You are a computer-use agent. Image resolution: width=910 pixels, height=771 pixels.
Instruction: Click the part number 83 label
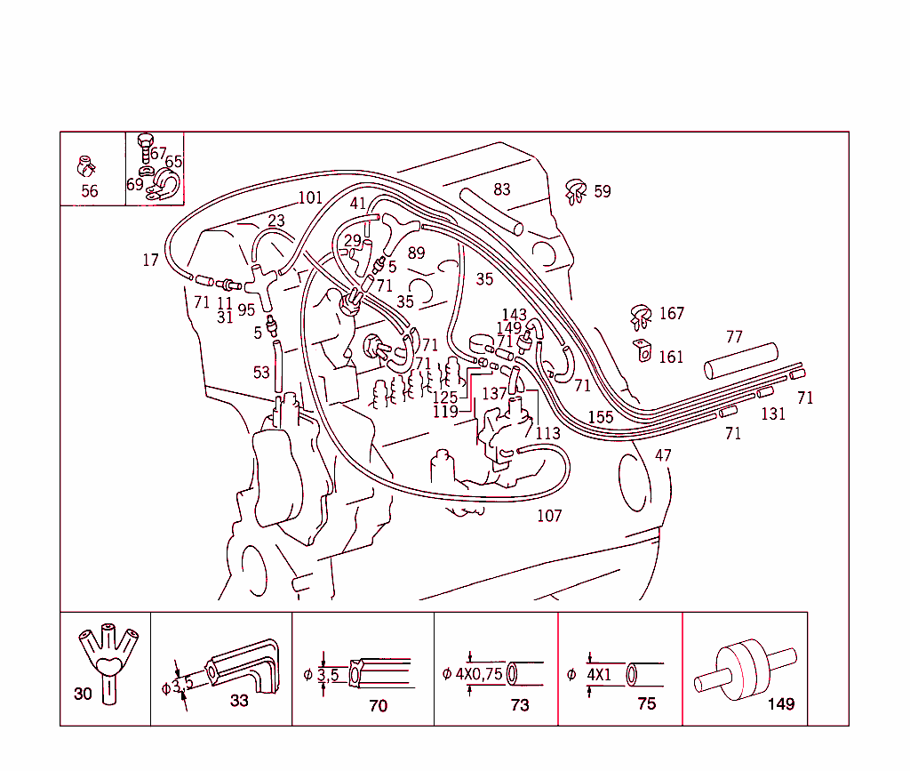coord(502,189)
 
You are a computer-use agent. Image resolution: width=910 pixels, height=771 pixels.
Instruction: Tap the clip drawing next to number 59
coord(576,190)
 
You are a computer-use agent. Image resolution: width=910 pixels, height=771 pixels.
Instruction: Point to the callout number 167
coord(672,314)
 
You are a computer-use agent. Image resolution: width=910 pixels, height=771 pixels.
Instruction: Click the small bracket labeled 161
coord(641,353)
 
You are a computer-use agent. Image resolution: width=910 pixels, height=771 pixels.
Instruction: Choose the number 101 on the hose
coord(310,197)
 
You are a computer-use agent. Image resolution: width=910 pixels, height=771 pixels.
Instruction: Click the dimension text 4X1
coord(599,674)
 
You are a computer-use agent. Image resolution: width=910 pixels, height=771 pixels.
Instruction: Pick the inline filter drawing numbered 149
coord(745,668)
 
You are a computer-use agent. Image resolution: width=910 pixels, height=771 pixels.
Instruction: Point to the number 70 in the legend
coord(378,706)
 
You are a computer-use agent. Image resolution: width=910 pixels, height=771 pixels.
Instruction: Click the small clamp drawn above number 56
coord(86,166)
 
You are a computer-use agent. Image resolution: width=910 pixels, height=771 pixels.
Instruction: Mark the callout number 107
coord(549,516)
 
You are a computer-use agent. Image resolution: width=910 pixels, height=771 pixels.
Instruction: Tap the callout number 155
coord(600,417)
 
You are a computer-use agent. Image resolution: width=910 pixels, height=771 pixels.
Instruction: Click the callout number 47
coord(663,455)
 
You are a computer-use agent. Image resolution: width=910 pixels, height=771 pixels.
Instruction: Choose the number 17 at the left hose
coord(150,261)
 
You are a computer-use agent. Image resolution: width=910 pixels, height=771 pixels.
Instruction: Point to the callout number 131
coord(773,414)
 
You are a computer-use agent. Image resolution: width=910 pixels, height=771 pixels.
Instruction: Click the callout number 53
coord(260,373)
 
